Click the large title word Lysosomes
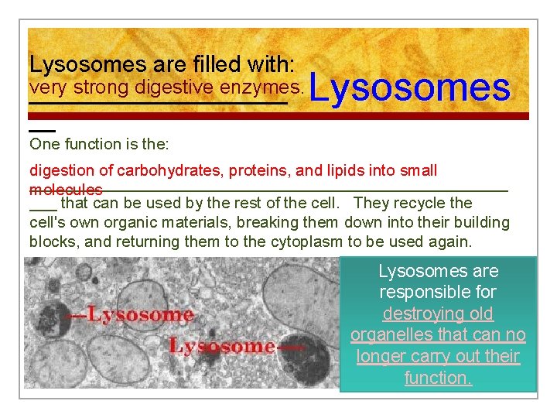pyautogui.click(x=409, y=88)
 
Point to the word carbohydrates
pyautogui.click(x=162, y=170)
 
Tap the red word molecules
pyautogui.click(x=66, y=190)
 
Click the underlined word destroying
pyautogui.click(x=437, y=313)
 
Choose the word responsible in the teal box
pyautogui.click(x=437, y=293)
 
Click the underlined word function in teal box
pyautogui.click(x=437, y=378)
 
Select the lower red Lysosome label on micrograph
pyautogui.click(x=222, y=346)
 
